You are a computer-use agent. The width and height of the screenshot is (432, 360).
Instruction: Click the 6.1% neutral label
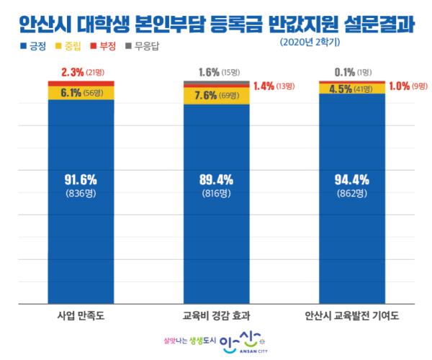(71, 92)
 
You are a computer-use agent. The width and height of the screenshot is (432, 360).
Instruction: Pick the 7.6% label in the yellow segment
(207, 96)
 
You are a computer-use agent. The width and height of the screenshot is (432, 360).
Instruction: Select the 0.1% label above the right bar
(339, 72)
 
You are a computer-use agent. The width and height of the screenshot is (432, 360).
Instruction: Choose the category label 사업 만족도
(81, 315)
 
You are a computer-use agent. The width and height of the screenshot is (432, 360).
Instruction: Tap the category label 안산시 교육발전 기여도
(352, 315)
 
